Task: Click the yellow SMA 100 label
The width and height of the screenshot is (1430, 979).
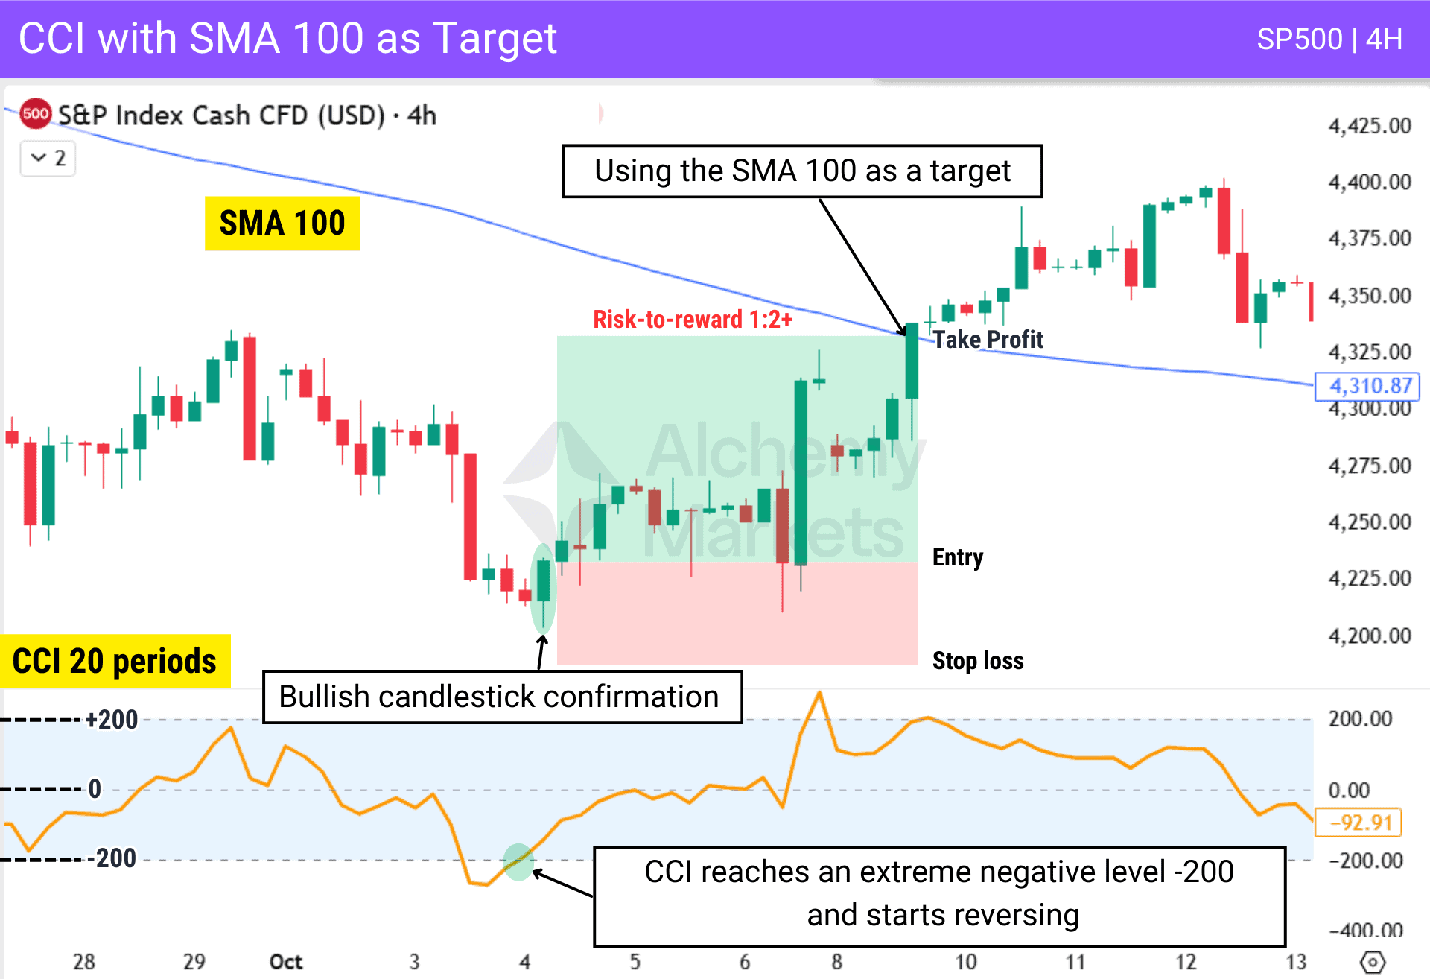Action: pyautogui.click(x=282, y=224)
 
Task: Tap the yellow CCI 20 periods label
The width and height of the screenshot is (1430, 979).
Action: pyautogui.click(x=115, y=662)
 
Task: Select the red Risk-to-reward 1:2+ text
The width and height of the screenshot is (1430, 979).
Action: pyautogui.click(x=692, y=320)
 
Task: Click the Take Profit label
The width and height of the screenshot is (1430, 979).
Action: pyautogui.click(x=988, y=340)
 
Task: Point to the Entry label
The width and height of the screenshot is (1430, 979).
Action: pyautogui.click(x=958, y=557)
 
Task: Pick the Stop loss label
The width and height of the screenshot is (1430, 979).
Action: pyautogui.click(x=978, y=661)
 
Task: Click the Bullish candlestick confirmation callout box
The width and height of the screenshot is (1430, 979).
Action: pyautogui.click(x=502, y=697)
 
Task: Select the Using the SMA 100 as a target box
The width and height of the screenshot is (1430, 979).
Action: pyautogui.click(x=802, y=171)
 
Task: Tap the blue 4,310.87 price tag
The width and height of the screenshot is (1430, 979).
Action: pyautogui.click(x=1368, y=386)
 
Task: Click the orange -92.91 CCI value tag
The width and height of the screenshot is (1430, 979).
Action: pyautogui.click(x=1359, y=823)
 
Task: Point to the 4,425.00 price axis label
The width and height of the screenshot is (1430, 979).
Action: pyautogui.click(x=1369, y=126)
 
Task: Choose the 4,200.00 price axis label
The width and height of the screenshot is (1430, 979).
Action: pyautogui.click(x=1369, y=636)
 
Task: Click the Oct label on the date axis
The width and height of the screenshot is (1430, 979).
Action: pyautogui.click(x=286, y=962)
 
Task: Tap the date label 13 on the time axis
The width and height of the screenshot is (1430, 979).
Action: pyautogui.click(x=1296, y=962)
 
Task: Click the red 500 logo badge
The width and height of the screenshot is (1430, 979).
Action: pyautogui.click(x=35, y=114)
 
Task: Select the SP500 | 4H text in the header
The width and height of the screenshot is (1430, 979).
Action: pyautogui.click(x=1329, y=39)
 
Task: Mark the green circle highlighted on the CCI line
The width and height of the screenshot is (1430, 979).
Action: pyautogui.click(x=518, y=862)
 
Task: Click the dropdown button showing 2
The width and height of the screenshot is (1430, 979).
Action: pyautogui.click(x=48, y=158)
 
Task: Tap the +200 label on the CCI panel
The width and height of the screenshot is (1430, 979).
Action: pyautogui.click(x=112, y=720)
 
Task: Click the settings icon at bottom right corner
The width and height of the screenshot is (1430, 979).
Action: pyautogui.click(x=1372, y=962)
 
